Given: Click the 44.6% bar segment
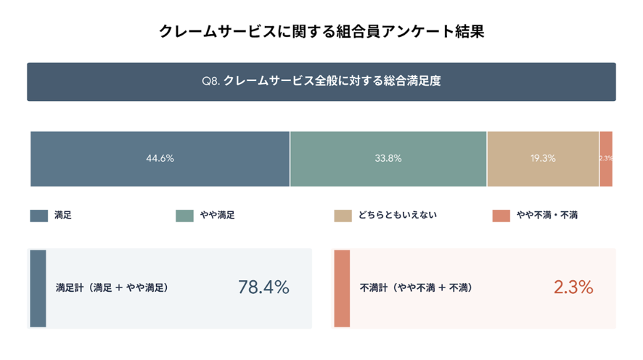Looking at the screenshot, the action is [x=160, y=159].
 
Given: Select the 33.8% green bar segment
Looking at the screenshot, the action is [x=388, y=159].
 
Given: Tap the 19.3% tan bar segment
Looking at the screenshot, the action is [x=543, y=159].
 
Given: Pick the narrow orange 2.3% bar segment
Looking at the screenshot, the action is [x=606, y=159].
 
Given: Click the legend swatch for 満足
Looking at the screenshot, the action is [x=39, y=216].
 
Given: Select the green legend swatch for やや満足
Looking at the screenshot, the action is [x=184, y=216].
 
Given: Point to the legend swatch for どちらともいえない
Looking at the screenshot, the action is [x=343, y=216].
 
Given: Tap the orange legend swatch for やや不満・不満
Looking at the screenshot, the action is [x=501, y=216].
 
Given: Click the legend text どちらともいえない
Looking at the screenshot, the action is [x=398, y=215].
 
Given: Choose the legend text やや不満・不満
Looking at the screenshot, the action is [x=547, y=215].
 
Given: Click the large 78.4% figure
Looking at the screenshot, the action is [x=263, y=287].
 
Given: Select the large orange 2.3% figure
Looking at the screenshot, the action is [x=573, y=287].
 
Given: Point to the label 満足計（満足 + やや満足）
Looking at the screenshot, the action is [x=112, y=288].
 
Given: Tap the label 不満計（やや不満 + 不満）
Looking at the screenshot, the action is [x=416, y=288].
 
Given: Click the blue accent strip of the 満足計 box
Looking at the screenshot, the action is [x=38, y=289].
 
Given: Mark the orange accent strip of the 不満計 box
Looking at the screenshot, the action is [x=342, y=289].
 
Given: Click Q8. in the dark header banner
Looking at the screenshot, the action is [x=211, y=81].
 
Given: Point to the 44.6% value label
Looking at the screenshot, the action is [x=160, y=158].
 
